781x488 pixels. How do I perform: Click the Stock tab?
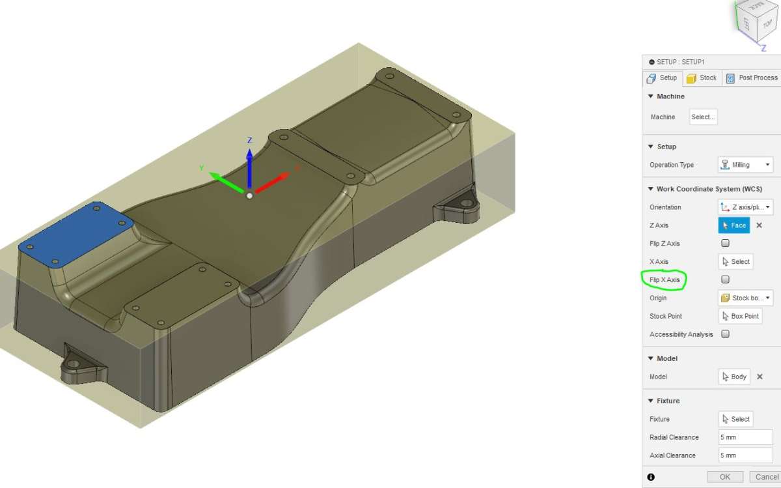pyautogui.click(x=702, y=78)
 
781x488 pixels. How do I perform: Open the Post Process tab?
pyautogui.click(x=752, y=78)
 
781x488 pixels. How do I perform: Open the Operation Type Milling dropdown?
pyautogui.click(x=745, y=164)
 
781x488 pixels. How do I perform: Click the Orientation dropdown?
pyautogui.click(x=745, y=207)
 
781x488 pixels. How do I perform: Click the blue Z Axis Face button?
pyautogui.click(x=733, y=225)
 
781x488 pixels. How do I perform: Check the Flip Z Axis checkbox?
pyautogui.click(x=725, y=243)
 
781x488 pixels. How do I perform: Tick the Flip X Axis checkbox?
pyautogui.click(x=725, y=280)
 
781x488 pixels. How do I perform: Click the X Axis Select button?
pyautogui.click(x=735, y=261)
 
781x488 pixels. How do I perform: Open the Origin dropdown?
pyautogui.click(x=745, y=298)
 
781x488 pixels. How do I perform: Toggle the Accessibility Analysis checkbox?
pyautogui.click(x=725, y=334)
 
